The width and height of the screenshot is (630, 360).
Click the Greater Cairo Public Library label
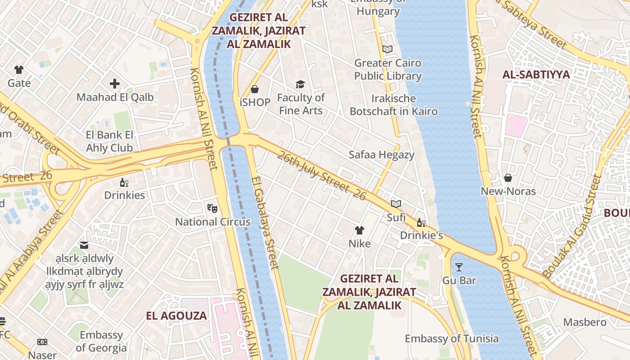pyautogui.click(x=387, y=69)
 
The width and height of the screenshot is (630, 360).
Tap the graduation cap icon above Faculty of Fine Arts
pyautogui.click(x=300, y=84)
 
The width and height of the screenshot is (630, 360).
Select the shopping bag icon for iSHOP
pyautogui.click(x=255, y=89)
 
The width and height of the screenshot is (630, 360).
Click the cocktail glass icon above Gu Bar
pyautogui.click(x=459, y=267)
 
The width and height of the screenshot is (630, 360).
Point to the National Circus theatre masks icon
pyautogui.click(x=212, y=208)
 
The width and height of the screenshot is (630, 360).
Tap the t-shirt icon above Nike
pyautogui.click(x=359, y=231)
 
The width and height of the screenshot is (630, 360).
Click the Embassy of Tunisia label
pyautogui.click(x=451, y=338)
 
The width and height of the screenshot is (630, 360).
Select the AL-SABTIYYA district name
pyautogui.click(x=536, y=75)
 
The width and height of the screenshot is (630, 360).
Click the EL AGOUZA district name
pyautogui.click(x=176, y=315)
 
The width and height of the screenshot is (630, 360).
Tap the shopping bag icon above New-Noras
pyautogui.click(x=508, y=178)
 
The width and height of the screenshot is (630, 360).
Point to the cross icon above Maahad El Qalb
pyautogui.click(x=115, y=84)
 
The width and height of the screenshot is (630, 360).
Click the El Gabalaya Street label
pyautogui.click(x=265, y=223)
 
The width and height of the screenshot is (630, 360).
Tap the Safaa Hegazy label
pyautogui.click(x=381, y=155)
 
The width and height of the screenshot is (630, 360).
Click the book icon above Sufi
pyautogui.click(x=396, y=204)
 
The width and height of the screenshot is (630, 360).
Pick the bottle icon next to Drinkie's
pyautogui.click(x=421, y=222)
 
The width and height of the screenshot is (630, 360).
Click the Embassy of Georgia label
pyautogui.click(x=101, y=341)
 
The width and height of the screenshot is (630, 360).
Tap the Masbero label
pyautogui.click(x=585, y=322)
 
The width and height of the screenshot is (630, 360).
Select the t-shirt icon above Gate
pyautogui.click(x=19, y=70)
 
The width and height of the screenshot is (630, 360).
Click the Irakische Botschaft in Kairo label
pyautogui.click(x=394, y=104)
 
